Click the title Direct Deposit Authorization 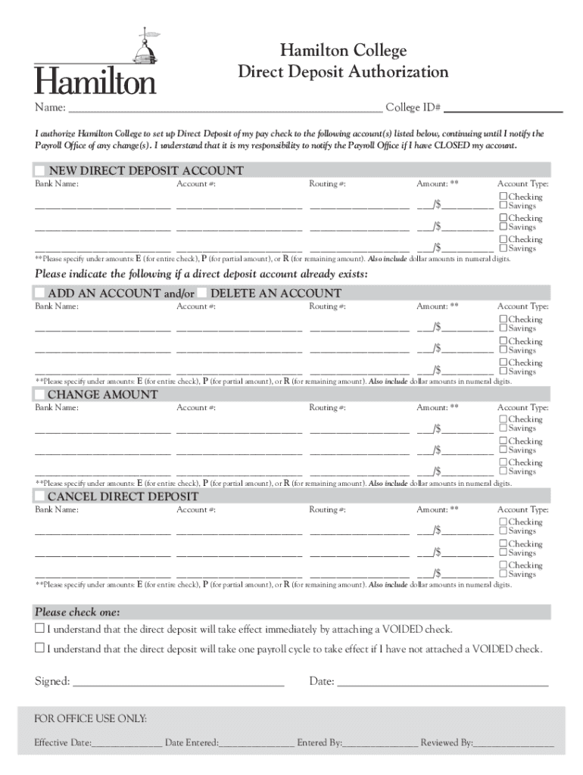click(343, 72)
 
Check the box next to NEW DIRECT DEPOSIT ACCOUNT click(39, 171)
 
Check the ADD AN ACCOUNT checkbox click(39, 293)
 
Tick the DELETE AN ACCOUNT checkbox click(201, 293)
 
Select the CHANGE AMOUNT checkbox click(39, 394)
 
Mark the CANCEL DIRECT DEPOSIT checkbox click(39, 496)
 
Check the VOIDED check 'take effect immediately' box click(40, 629)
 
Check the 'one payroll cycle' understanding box click(40, 649)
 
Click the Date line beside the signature click(442, 683)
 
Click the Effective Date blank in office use click(126, 744)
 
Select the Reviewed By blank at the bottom click(514, 744)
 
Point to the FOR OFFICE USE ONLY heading click(91, 718)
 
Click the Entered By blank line click(380, 744)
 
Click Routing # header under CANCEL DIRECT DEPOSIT click(327, 510)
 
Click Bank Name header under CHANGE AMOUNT click(57, 408)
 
